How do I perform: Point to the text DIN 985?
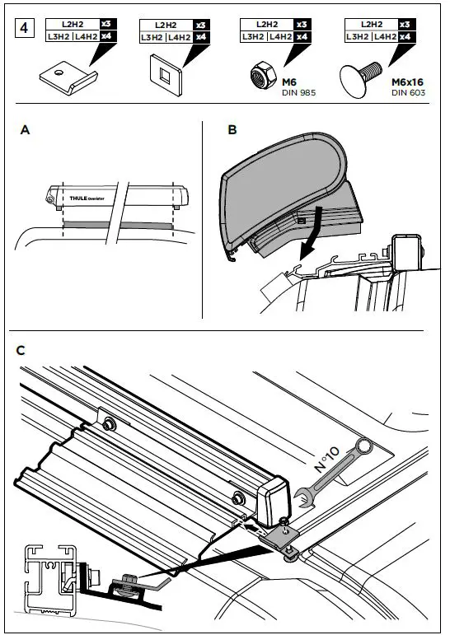(299, 91)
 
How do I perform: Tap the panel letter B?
(232, 130)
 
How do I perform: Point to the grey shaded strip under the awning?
(116, 223)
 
